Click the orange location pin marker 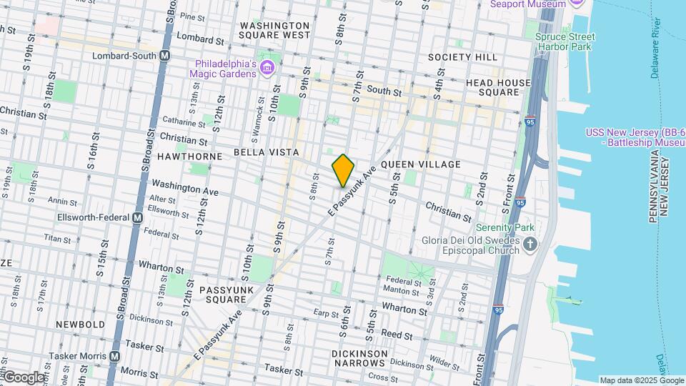[343, 170]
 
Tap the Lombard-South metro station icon [165, 55]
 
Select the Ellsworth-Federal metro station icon [138, 217]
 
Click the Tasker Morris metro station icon [115, 356]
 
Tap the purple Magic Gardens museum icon [267, 69]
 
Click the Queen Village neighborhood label [421, 164]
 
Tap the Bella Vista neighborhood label [266, 153]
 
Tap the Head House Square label [497, 87]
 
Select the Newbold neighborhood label [81, 324]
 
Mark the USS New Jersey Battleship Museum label [635, 137]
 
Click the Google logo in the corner [24, 377]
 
